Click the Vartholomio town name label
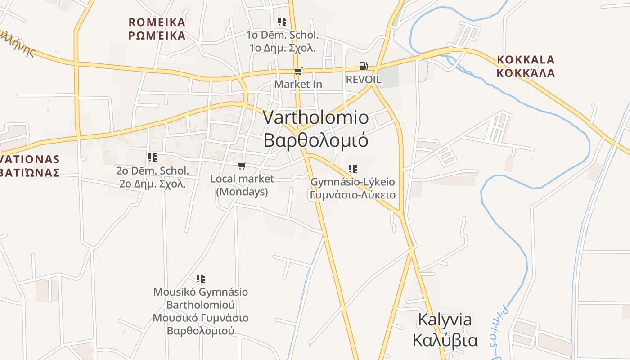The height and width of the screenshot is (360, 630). coord(316,118)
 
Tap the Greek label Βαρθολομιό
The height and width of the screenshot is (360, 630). coord(316,140)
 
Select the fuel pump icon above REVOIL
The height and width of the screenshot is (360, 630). coord(363,66)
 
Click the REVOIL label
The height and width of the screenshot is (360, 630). coord(364,80)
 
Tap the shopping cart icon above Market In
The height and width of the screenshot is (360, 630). coord(298,71)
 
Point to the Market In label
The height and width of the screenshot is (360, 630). coord(298,84)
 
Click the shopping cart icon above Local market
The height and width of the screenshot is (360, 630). coord(242,166)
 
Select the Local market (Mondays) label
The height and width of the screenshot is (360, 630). coord(242,185)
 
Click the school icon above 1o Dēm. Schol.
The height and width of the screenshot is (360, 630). coord(282,21)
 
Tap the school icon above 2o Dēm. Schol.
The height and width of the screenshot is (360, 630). coord(153,157)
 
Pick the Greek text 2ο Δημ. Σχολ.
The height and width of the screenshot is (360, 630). coord(153,184)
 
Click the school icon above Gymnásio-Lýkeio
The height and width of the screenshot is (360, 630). coord(353,169)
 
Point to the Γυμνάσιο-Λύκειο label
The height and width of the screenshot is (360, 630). coord(353,195)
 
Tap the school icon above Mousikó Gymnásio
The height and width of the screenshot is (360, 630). coord(201,279)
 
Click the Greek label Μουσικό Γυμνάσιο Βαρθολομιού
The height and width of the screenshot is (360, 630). coord(201,324)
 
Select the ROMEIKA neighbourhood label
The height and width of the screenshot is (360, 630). coord(157,22)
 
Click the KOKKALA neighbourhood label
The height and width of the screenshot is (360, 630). coord(526,60)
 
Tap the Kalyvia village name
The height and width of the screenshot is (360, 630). coord(445,319)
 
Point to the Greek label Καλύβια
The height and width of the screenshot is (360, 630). coord(445,340)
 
